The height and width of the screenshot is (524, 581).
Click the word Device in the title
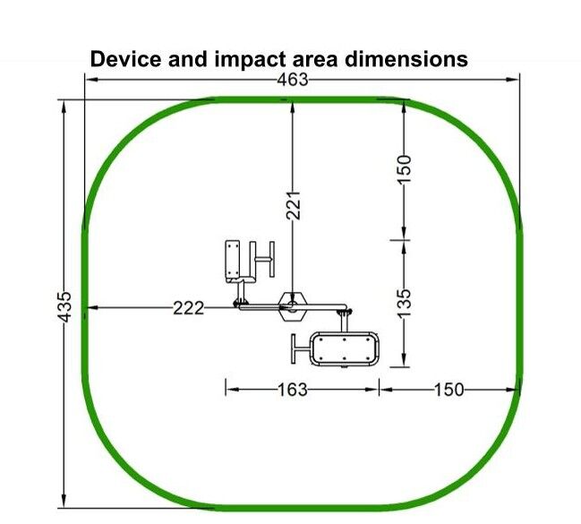coord(125,59)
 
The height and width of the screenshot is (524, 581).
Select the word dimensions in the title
coord(406,59)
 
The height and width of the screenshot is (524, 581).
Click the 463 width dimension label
coord(293,80)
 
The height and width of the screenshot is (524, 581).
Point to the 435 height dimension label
coord(64,306)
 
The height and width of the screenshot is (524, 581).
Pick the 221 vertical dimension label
coord(293,205)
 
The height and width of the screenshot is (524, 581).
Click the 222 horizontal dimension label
coord(189,308)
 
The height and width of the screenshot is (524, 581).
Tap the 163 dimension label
coord(293,390)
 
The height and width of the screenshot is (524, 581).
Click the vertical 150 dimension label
coord(404,168)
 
